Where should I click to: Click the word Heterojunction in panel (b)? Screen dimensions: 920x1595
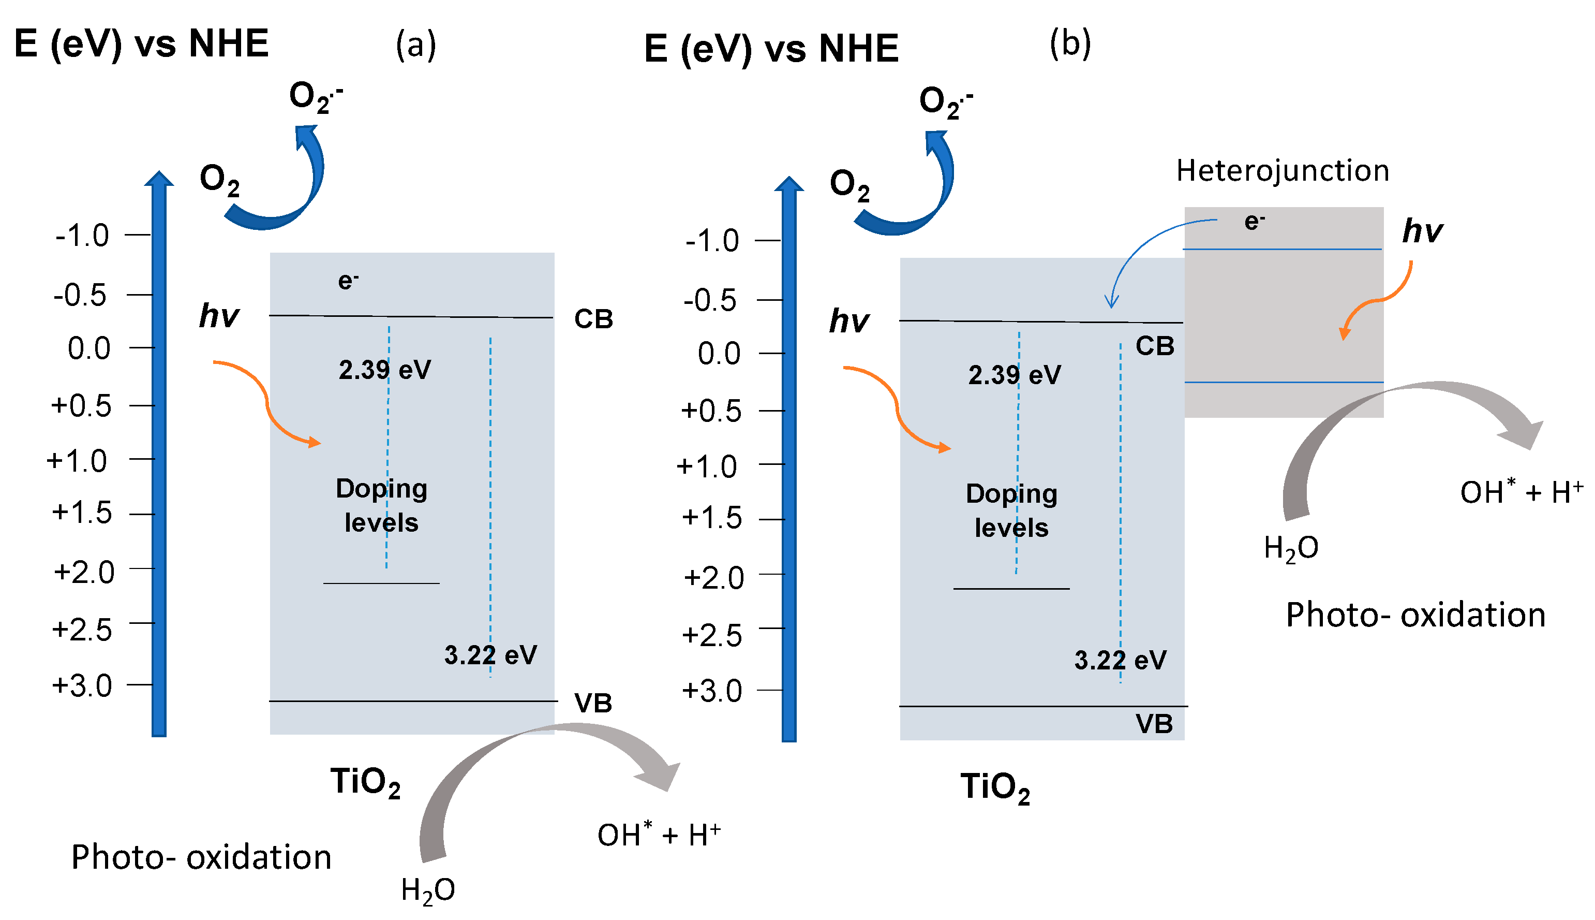(1282, 171)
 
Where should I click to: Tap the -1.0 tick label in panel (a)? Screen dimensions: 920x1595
(82, 236)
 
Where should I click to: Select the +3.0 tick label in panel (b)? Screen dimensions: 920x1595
(712, 691)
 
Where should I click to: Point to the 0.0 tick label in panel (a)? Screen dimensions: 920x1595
(89, 348)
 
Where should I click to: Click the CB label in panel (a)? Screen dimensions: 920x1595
(593, 319)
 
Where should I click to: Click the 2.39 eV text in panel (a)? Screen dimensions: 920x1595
(384, 370)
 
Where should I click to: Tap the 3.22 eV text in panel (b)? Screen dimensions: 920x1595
(1120, 660)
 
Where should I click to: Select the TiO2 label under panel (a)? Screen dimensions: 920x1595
(365, 782)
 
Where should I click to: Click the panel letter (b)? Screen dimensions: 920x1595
(1070, 44)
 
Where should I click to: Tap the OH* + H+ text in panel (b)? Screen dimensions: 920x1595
(1521, 492)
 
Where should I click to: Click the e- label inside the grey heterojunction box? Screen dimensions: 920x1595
(1254, 221)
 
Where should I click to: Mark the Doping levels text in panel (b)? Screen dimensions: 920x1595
(1011, 510)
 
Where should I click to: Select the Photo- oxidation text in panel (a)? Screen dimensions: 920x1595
(201, 857)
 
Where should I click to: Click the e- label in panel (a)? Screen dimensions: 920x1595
(348, 280)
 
